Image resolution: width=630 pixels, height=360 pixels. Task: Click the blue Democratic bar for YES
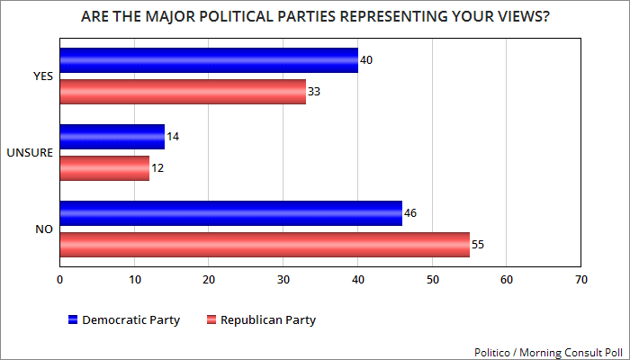[x=209, y=60]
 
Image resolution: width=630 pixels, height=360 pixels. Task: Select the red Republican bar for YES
[x=183, y=92]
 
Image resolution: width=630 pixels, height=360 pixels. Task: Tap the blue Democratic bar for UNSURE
[x=112, y=137]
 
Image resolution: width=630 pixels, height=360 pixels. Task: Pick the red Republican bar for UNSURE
[x=104, y=168]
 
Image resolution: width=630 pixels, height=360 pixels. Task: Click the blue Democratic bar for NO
[x=230, y=213]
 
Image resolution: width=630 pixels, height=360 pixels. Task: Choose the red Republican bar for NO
[x=265, y=245]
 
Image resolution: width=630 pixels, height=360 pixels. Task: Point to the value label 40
[x=366, y=60]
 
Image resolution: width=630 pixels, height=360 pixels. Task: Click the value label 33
[x=314, y=92]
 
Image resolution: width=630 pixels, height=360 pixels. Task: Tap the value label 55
[x=478, y=245]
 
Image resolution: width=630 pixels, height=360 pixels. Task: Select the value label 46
[x=411, y=213]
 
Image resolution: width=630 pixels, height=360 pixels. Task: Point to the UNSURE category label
[x=34, y=153]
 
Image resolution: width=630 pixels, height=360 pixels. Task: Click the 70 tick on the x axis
[x=580, y=280]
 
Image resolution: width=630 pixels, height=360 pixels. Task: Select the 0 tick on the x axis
[x=59, y=280]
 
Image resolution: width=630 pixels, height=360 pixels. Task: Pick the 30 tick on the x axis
[x=283, y=280]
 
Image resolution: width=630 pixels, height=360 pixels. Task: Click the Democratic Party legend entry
[x=124, y=319]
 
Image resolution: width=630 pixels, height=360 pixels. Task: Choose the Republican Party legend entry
[x=261, y=319]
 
